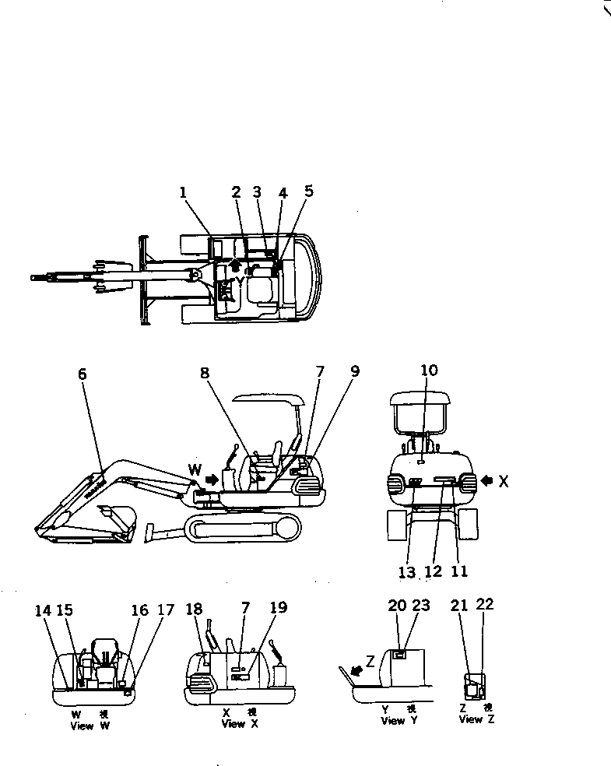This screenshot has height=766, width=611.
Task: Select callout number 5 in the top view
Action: (x=309, y=191)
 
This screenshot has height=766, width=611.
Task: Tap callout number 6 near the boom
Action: (x=83, y=374)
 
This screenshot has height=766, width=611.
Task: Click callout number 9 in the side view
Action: (x=355, y=372)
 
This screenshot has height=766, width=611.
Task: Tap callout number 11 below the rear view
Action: (x=460, y=572)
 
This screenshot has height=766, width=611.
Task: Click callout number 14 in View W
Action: (x=43, y=611)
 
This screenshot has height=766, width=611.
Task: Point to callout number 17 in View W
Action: (x=165, y=611)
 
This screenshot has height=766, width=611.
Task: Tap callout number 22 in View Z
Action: (x=484, y=604)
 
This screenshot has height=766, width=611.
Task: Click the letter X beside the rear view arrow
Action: (x=503, y=482)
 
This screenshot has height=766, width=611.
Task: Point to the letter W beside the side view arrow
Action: (x=195, y=470)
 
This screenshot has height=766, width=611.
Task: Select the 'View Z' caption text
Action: (x=471, y=720)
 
